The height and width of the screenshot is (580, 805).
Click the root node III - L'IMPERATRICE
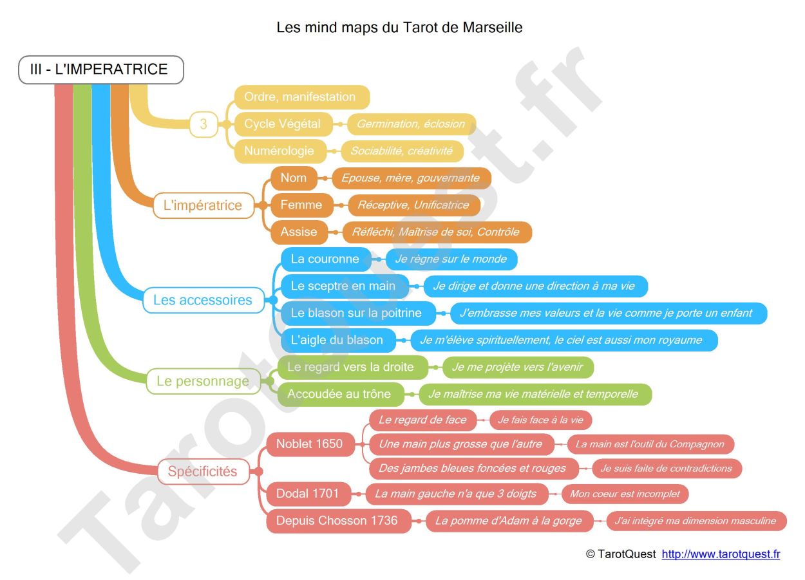(x=101, y=70)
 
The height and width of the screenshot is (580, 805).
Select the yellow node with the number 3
(x=204, y=124)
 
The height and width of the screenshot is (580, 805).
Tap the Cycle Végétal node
(x=283, y=124)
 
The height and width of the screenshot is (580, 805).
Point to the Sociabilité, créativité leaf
(x=402, y=151)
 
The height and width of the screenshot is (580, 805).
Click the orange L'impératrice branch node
(x=203, y=205)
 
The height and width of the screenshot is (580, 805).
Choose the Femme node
(x=301, y=205)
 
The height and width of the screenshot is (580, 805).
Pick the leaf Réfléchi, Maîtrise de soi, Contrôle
(x=435, y=232)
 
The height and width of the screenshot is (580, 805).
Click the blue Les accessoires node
(x=203, y=300)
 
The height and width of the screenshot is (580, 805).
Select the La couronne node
(x=325, y=259)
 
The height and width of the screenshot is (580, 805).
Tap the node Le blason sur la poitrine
(x=356, y=313)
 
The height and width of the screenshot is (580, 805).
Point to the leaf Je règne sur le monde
(x=451, y=259)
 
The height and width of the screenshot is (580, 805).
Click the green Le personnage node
(x=203, y=381)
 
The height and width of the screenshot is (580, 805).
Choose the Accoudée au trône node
(x=339, y=394)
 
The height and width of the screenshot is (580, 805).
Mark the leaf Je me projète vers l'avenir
(x=517, y=368)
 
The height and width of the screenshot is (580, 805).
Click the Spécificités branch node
(x=203, y=471)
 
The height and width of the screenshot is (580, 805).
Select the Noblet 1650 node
(x=310, y=444)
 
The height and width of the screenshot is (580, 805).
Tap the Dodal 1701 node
(x=308, y=494)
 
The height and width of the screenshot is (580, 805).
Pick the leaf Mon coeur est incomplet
(x=625, y=494)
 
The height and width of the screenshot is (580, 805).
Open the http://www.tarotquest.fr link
(x=721, y=554)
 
